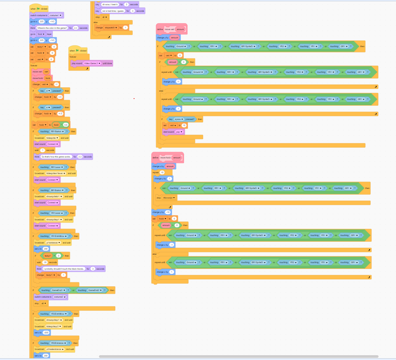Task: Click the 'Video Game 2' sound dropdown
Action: (x=92, y=63)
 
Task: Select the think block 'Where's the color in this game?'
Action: (x=33, y=27)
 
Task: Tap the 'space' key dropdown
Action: (x=179, y=119)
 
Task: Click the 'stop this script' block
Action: (x=158, y=198)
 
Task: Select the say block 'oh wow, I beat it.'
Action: (x=98, y=4)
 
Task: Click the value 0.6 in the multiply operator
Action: (x=66, y=125)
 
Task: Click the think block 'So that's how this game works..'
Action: (x=37, y=156)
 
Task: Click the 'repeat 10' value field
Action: (x=162, y=172)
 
